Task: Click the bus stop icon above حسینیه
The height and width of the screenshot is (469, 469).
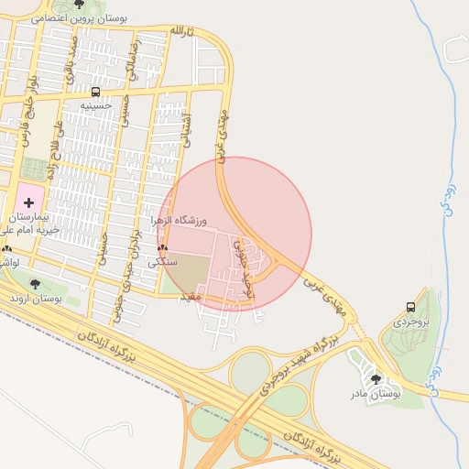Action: (96, 92)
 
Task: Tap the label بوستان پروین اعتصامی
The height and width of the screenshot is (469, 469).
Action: (80, 18)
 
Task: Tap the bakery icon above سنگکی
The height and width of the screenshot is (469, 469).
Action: (163, 248)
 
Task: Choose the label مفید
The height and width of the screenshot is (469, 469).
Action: (190, 296)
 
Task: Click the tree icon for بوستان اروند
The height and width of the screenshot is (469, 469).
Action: (36, 285)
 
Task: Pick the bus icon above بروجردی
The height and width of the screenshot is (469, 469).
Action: (409, 308)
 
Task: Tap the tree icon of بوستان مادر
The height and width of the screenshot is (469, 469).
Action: (376, 378)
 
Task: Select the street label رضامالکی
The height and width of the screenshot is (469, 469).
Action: (134, 59)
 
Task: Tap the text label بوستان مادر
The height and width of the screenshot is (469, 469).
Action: (376, 393)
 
